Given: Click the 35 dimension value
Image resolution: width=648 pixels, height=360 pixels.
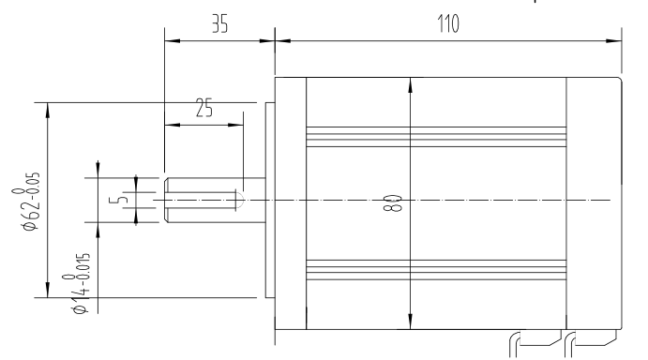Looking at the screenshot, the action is click(x=219, y=23).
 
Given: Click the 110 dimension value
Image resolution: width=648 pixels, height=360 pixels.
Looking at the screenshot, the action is click(x=448, y=23).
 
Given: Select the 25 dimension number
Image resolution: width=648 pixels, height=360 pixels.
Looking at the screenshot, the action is click(x=204, y=108).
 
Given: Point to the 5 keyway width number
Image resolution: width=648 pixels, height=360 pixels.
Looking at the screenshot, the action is click(x=118, y=200).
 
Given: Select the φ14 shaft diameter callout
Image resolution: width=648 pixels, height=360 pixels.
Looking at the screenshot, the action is click(x=79, y=283).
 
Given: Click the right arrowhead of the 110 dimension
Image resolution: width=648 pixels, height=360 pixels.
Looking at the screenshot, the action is click(x=613, y=41).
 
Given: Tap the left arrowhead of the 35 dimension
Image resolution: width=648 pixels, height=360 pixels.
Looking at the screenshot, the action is click(x=173, y=41).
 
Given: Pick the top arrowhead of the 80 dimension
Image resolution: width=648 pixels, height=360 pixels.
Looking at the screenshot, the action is click(x=410, y=85).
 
